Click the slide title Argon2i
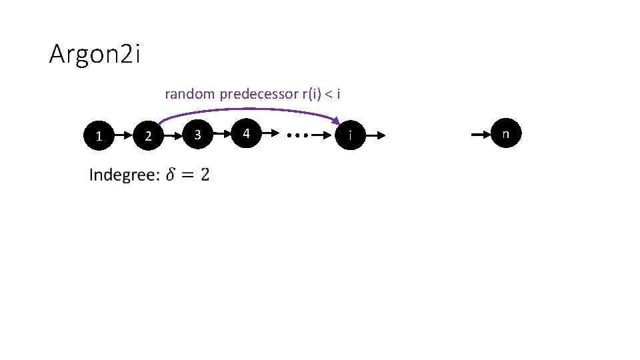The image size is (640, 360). click(x=95, y=55)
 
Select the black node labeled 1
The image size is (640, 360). click(x=99, y=136)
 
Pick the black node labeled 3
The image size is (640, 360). click(x=197, y=135)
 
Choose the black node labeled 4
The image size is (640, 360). click(x=247, y=134)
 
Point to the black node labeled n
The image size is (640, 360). click(x=505, y=134)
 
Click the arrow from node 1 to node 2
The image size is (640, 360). click(x=124, y=136)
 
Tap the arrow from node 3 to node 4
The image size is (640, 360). click(x=222, y=135)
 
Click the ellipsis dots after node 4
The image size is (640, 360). click(x=297, y=135)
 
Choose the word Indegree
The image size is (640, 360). click(x=124, y=175)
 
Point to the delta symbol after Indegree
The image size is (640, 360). click(x=171, y=175)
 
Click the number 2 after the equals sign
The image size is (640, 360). click(x=204, y=175)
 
